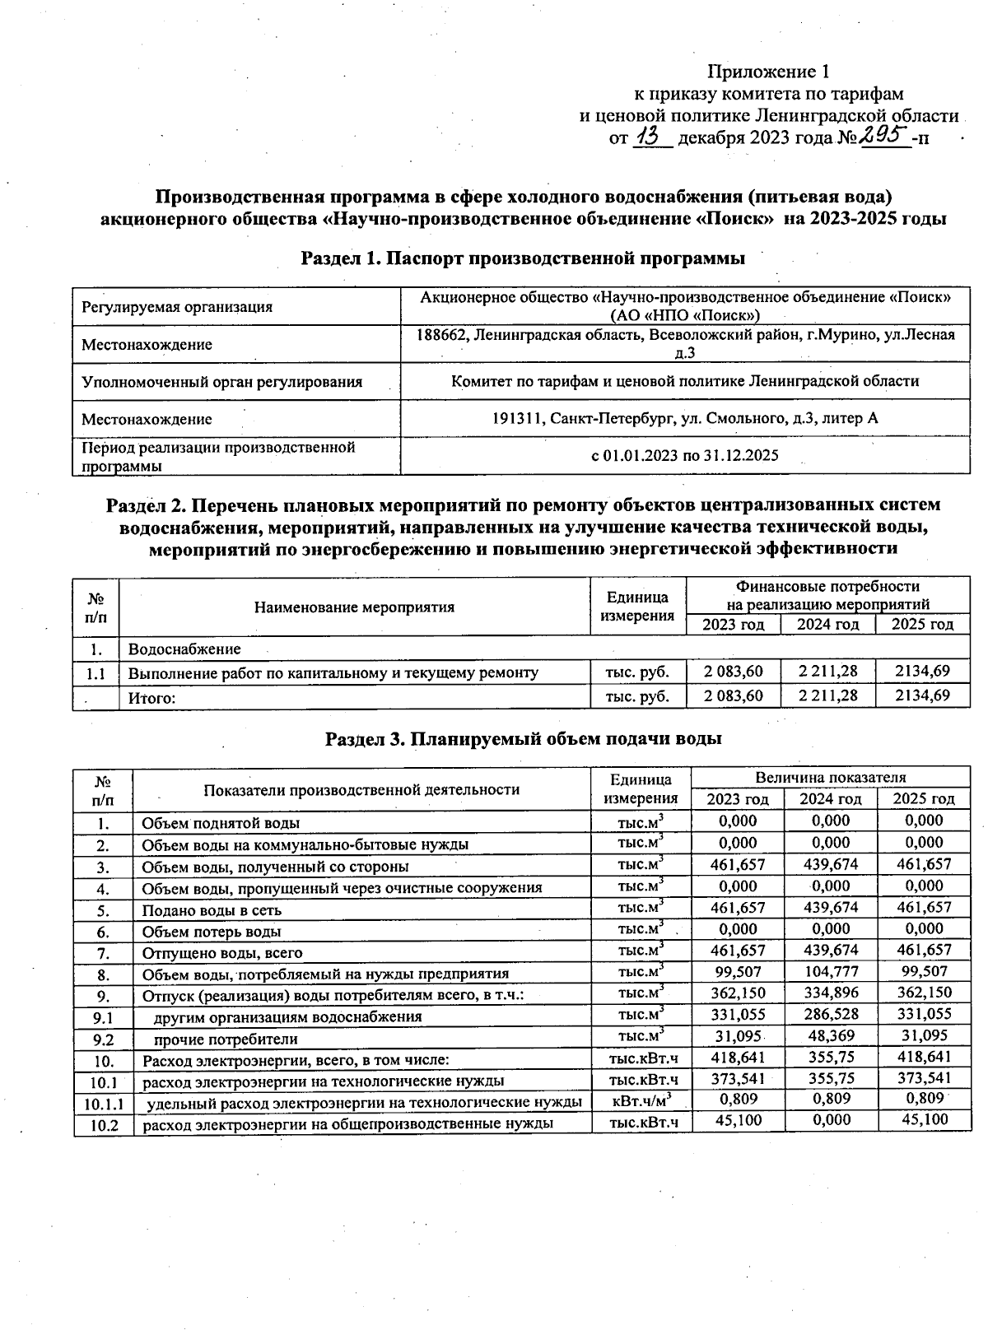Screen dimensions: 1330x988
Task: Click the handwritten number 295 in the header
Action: tap(883, 136)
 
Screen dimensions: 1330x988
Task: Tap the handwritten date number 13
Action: tap(651, 137)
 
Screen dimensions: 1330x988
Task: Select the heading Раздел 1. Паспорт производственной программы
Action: tap(523, 258)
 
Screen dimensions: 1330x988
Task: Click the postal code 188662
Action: tap(443, 335)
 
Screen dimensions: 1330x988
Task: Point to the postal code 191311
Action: tap(516, 418)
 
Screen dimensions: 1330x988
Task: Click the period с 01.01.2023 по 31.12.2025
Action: tap(685, 455)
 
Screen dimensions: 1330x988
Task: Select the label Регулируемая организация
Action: tap(177, 307)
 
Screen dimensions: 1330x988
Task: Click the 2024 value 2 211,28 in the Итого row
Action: tap(827, 695)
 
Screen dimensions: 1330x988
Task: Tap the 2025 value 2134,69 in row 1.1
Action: tap(922, 672)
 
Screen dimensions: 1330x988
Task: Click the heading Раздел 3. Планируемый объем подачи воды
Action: tap(524, 738)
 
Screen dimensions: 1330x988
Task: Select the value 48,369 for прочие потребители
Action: tap(830, 1036)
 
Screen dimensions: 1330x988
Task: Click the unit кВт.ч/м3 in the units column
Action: tap(641, 1100)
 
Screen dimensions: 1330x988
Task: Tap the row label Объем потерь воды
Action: tap(212, 932)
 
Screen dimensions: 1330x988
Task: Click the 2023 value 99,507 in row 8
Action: tap(738, 971)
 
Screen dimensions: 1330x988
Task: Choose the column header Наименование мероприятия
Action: tap(354, 607)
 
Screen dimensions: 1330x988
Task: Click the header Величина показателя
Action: tap(830, 777)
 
